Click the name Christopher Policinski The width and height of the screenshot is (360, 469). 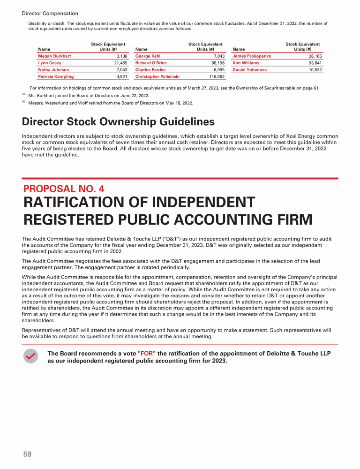(157, 76)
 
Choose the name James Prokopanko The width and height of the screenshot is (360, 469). (252, 56)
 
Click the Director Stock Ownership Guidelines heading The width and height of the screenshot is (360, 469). (118, 122)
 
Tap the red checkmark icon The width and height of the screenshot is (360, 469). (31, 356)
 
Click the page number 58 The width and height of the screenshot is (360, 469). (27, 454)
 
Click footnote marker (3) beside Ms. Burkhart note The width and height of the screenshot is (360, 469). (23, 95)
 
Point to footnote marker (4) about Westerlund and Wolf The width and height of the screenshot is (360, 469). (23, 102)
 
